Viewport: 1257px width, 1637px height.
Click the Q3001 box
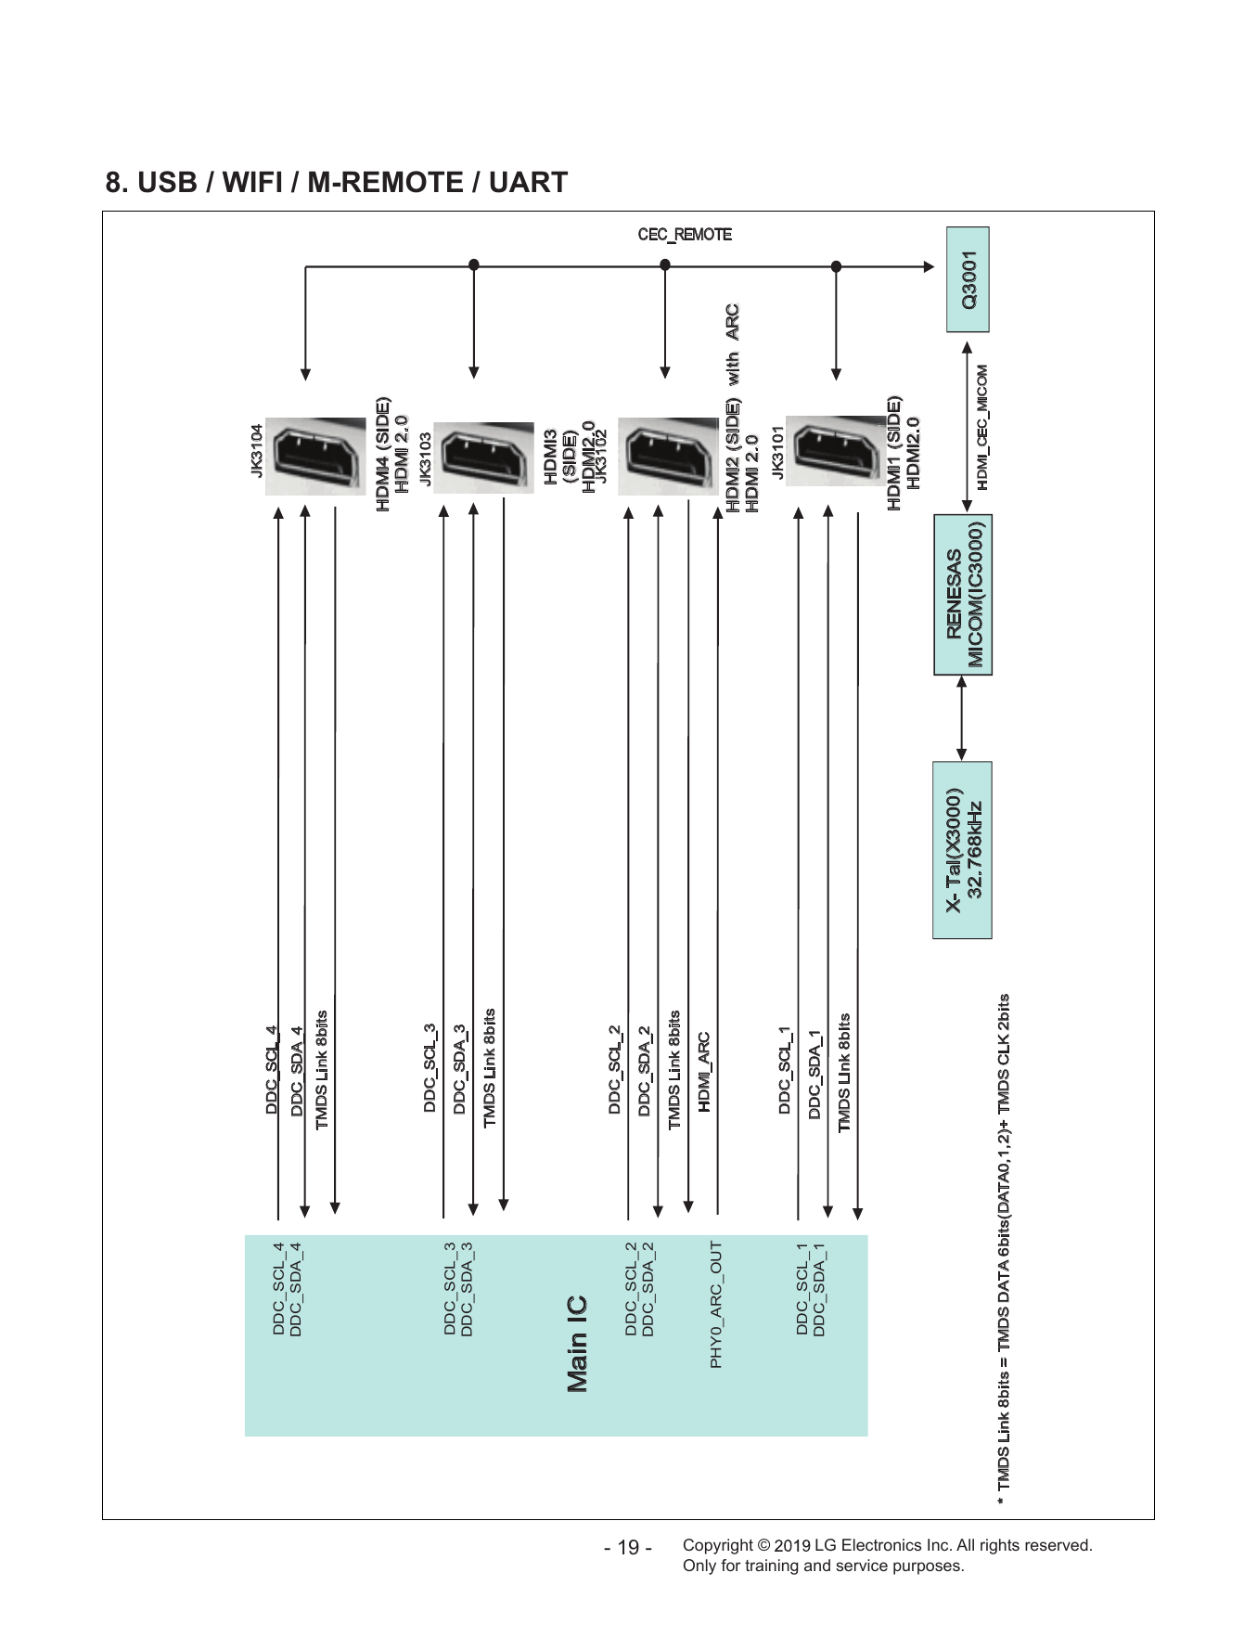pos(968,279)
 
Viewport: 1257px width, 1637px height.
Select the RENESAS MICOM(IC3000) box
pos(962,594)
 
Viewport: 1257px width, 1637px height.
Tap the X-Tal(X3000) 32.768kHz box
pos(962,850)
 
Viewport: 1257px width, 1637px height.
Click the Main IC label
pos(577,1344)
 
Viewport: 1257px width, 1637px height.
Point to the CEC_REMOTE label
pos(685,235)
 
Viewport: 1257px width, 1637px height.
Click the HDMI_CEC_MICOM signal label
pos(982,427)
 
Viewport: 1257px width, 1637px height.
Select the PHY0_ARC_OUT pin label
pos(716,1304)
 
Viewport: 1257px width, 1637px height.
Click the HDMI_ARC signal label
pos(705,1072)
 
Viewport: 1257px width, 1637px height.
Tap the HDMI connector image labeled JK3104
pos(315,456)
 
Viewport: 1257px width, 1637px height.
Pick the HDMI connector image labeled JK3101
pos(836,455)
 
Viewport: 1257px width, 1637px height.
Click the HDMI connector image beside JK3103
pos(483,458)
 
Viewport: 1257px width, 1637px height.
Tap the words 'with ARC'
pos(732,344)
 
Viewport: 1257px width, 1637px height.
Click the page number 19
pos(628,1548)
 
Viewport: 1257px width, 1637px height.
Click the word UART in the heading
pos(528,183)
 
